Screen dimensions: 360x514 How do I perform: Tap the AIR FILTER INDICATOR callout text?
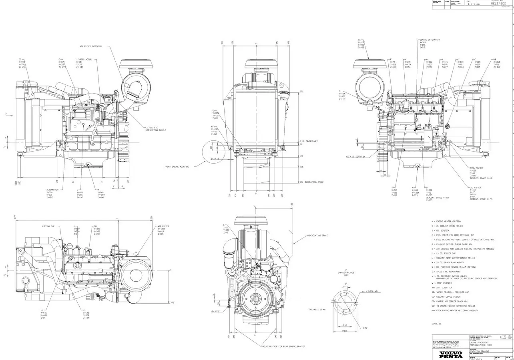[x=90, y=46]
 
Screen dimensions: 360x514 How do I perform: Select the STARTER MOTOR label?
[x=84, y=60]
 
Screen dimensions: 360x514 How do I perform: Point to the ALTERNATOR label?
[x=52, y=190]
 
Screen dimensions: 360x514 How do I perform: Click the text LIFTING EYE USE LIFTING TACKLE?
[x=155, y=129]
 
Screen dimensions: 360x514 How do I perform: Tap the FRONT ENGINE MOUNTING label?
[x=177, y=166]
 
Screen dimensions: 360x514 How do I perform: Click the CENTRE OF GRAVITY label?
[x=430, y=40]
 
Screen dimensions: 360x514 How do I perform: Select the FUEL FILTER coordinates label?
[x=476, y=168]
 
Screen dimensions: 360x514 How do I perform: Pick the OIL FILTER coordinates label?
[x=475, y=187]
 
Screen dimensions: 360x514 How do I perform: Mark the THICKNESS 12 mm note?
[x=317, y=310]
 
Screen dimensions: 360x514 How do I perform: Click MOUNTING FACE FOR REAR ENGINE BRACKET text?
[x=283, y=346]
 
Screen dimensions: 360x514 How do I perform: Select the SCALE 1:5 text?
[x=436, y=324]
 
